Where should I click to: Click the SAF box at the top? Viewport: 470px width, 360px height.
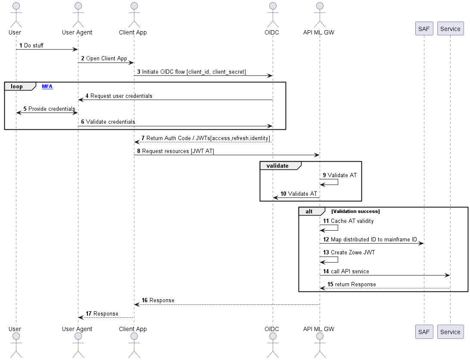[424, 28]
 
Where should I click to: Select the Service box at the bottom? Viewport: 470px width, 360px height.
[450, 332]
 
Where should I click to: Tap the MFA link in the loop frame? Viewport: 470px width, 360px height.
[47, 87]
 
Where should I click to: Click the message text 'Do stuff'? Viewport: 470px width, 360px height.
[34, 45]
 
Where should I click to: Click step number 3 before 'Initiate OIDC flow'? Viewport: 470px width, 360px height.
[139, 72]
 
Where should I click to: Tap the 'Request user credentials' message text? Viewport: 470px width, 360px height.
[121, 96]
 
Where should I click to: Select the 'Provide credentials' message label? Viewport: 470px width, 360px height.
[52, 109]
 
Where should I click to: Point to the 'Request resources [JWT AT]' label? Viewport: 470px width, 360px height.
[178, 151]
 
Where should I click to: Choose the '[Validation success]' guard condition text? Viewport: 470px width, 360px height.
[355, 211]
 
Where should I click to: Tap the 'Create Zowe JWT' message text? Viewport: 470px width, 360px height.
[353, 252]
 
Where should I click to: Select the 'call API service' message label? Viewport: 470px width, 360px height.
[350, 271]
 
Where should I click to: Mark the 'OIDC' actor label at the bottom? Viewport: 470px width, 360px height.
[272, 329]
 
